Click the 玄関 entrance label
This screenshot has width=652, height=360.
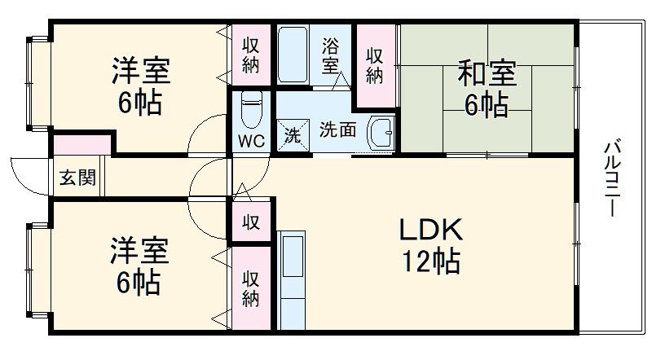pyautogui.click(x=76, y=178)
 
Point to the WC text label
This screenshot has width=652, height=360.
pyautogui.click(x=251, y=139)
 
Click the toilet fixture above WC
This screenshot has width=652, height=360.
pyautogui.click(x=252, y=108)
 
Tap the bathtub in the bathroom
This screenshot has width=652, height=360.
pyautogui.click(x=292, y=55)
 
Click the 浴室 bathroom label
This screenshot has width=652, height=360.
pyautogui.click(x=330, y=55)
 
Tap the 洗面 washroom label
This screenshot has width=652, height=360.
pyautogui.click(x=336, y=130)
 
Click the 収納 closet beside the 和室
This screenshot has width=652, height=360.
pyautogui.click(x=374, y=65)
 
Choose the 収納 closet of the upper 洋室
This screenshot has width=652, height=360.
pyautogui.click(x=251, y=54)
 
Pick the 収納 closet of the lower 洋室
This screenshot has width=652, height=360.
pyautogui.click(x=251, y=288)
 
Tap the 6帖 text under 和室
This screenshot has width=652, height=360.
pyautogui.click(x=487, y=105)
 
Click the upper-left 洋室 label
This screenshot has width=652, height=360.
pyautogui.click(x=140, y=72)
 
